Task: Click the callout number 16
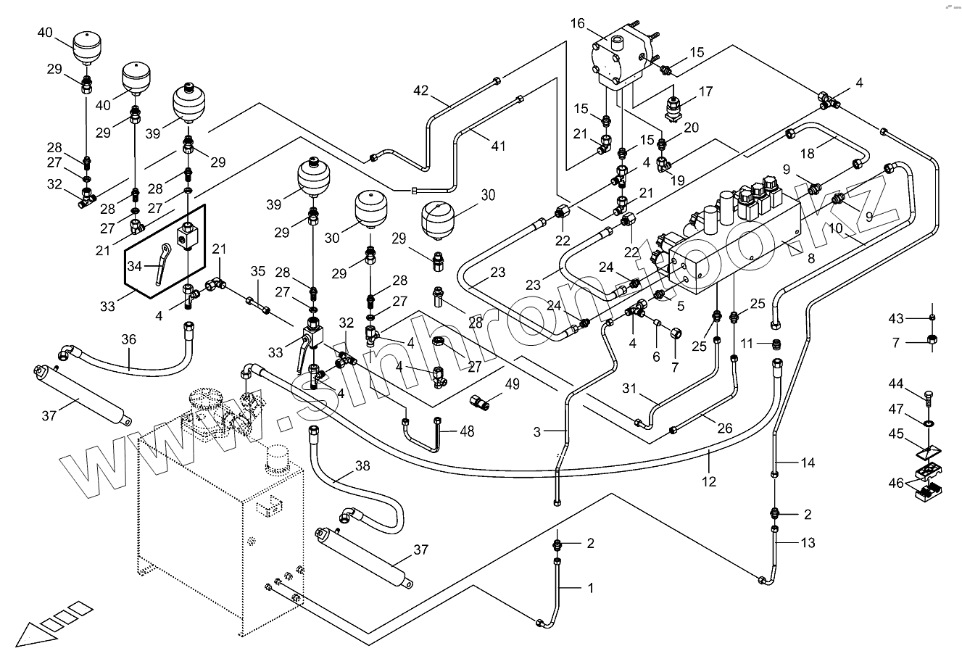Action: tap(577, 24)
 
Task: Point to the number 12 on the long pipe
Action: tap(709, 481)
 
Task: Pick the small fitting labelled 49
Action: tap(481, 400)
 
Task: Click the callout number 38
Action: tap(362, 466)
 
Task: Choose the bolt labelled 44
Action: tap(931, 396)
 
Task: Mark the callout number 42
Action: tap(421, 91)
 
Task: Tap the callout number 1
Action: tap(590, 588)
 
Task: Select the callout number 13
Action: tap(808, 543)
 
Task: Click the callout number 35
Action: tap(258, 272)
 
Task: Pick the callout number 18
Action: tap(808, 154)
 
